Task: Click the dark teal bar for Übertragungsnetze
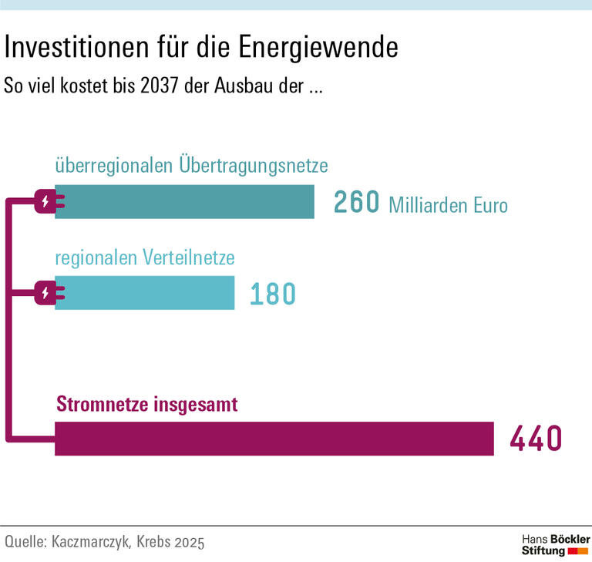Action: pos(185,202)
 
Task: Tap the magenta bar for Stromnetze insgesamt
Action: pos(274,439)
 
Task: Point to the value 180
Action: pos(273,294)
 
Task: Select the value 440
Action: pos(536,439)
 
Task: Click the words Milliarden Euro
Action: pos(448,206)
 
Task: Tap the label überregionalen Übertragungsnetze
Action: pos(192,165)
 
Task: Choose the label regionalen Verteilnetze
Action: pos(145,257)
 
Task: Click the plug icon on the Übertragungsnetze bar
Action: pos(47,202)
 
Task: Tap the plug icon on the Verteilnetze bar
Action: pos(47,293)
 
